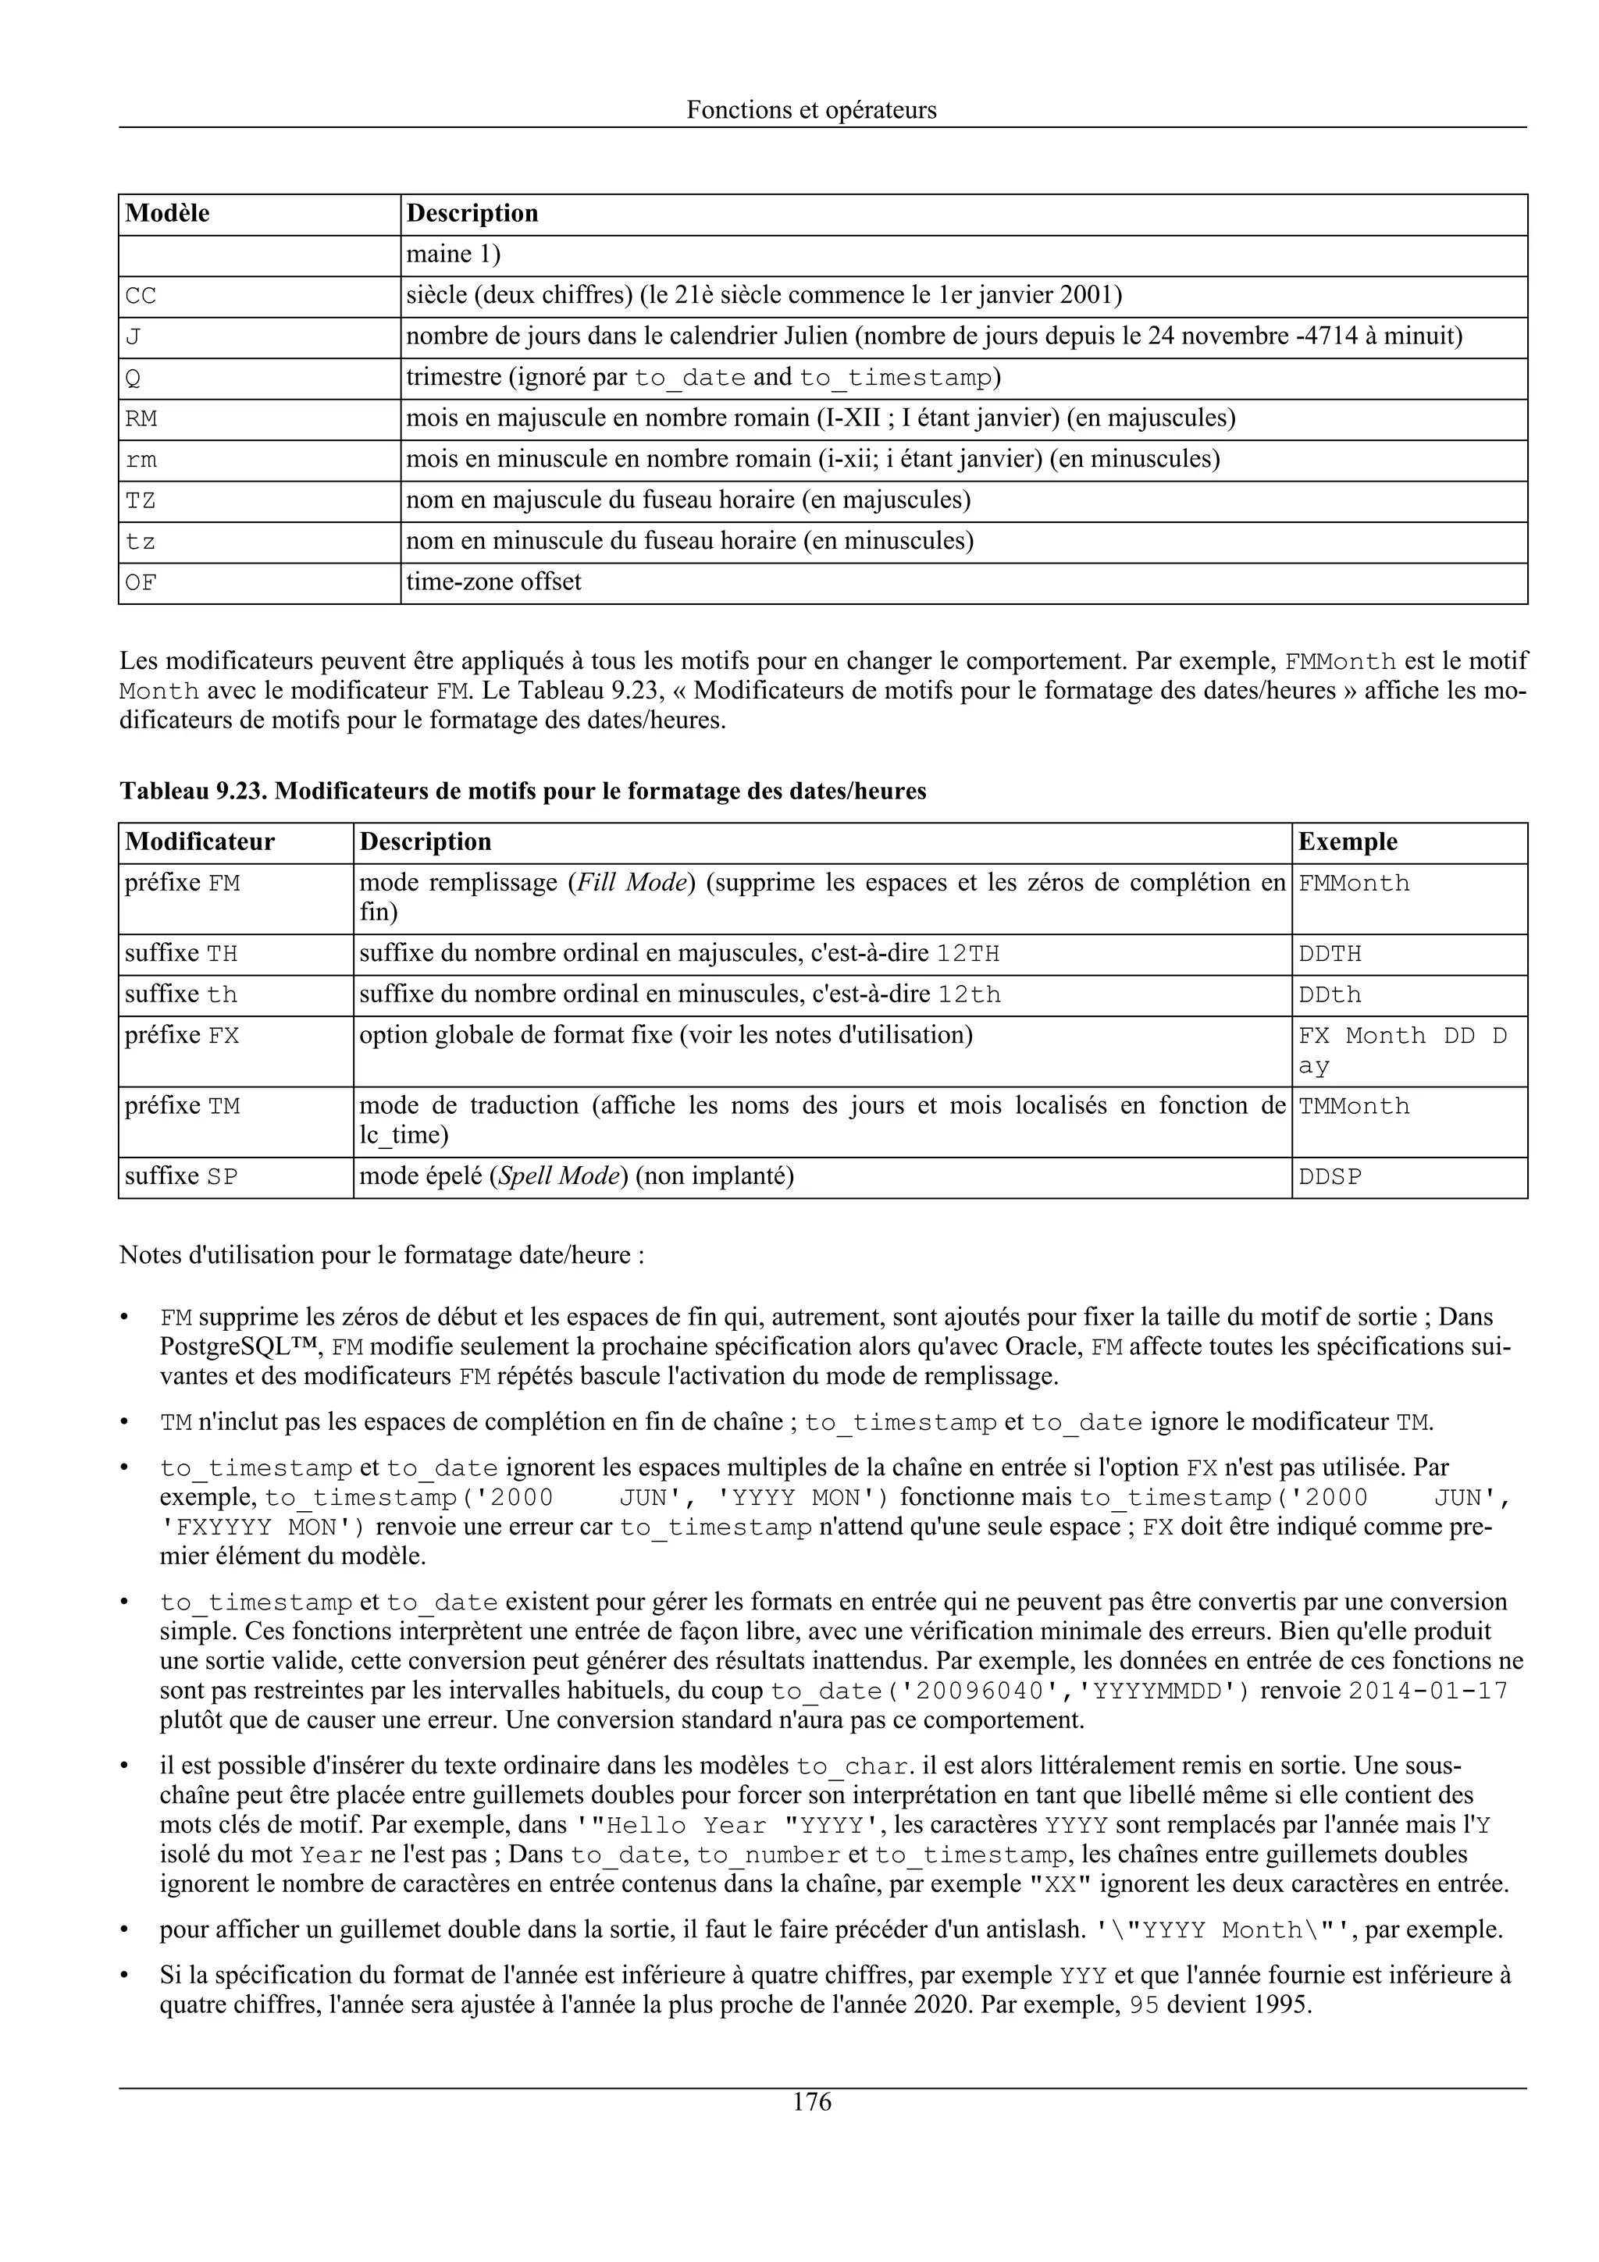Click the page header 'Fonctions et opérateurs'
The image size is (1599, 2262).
[x=811, y=109]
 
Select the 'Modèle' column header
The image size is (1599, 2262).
[x=168, y=214]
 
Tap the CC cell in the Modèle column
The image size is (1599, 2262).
[x=141, y=297]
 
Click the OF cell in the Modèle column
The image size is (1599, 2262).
[x=141, y=583]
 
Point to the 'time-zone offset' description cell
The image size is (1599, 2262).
[x=493, y=582]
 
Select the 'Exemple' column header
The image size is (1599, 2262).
[x=1347, y=842]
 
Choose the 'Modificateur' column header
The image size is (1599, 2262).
[x=200, y=842]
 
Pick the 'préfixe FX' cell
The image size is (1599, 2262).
[x=182, y=1037]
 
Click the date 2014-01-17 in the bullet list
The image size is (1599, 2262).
[x=1426, y=1691]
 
